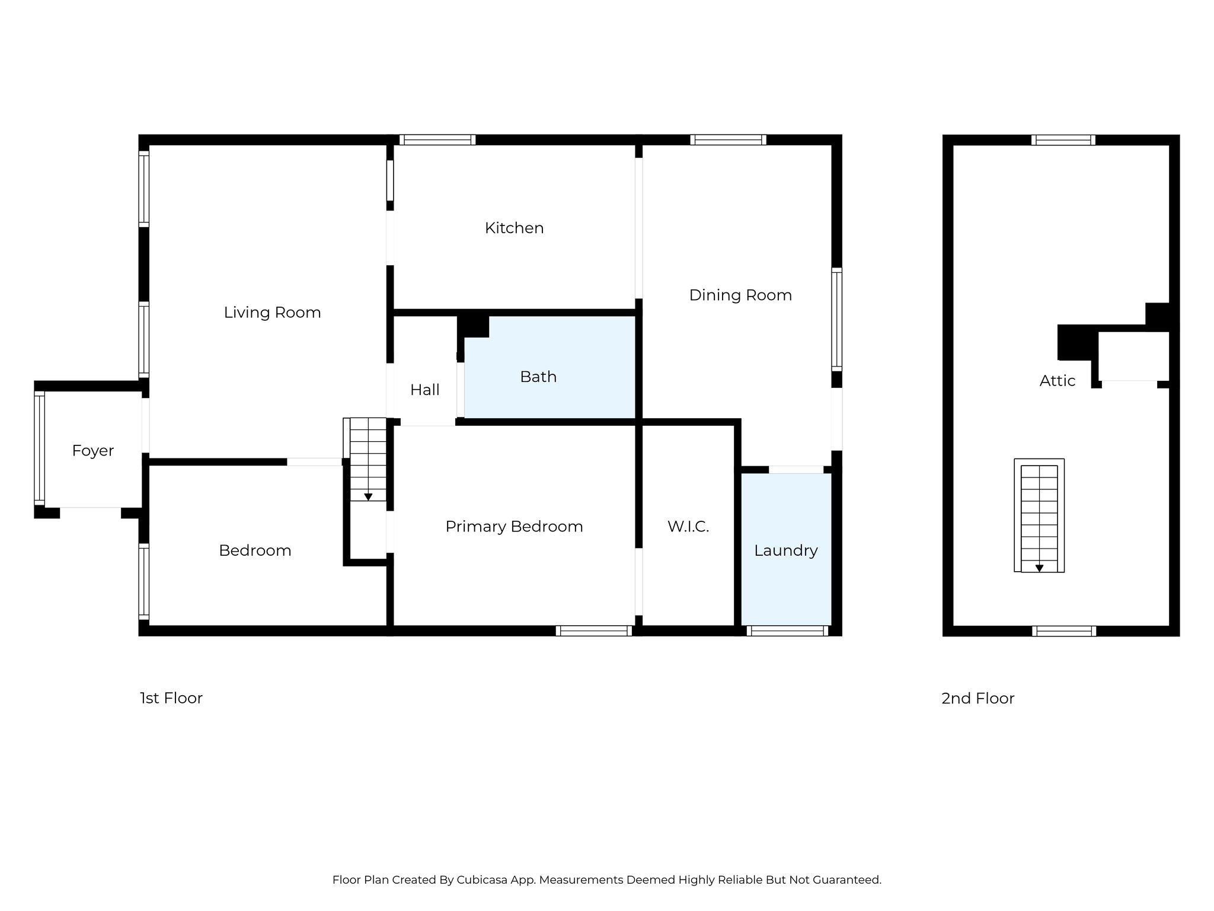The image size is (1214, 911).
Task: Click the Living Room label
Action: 272,313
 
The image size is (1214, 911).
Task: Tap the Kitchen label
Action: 514,228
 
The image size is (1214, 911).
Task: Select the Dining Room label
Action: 740,295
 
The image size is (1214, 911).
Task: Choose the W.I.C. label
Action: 688,527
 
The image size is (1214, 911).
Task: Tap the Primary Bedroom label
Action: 514,527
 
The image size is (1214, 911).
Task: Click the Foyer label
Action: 93,451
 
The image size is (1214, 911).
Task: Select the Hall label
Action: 424,390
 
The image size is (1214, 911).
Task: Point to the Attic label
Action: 1057,381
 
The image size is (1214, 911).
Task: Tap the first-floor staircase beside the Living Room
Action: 368,460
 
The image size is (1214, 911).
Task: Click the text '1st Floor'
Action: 171,698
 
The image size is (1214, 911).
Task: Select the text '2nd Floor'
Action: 977,699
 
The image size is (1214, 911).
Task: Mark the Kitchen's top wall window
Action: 437,140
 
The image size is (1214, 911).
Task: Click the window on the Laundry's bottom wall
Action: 787,631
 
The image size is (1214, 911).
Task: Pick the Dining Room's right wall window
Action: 836,319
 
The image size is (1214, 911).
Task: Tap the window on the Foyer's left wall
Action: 39,448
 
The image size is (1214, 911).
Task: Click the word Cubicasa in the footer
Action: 481,880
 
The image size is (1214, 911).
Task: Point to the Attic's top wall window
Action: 1063,140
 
